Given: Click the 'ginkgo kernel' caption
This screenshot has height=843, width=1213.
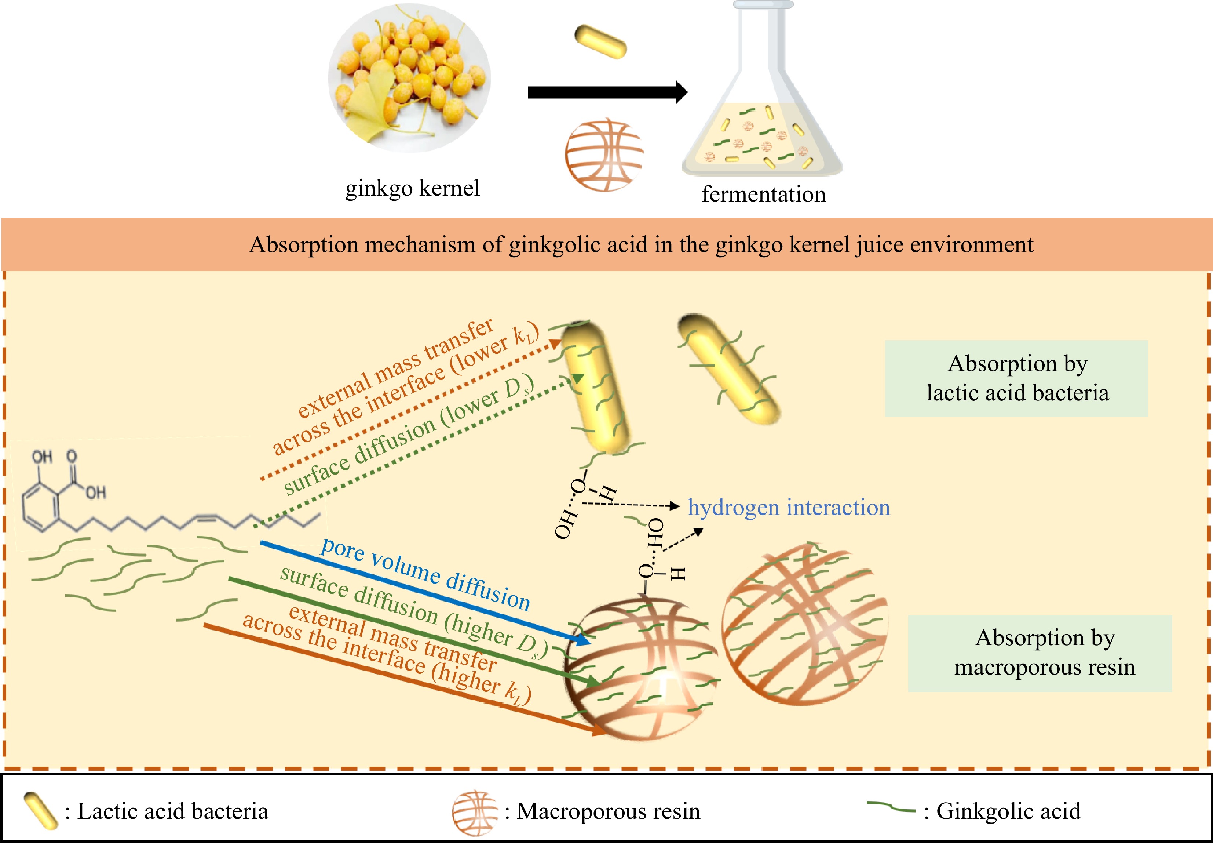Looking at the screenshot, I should [412, 188].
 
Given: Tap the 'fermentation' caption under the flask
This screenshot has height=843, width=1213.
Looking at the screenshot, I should [763, 195].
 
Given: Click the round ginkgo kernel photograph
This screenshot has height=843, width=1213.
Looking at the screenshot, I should [409, 78].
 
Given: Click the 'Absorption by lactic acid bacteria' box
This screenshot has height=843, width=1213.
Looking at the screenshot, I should [1016, 378].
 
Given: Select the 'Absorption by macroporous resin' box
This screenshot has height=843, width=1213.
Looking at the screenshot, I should [1040, 653].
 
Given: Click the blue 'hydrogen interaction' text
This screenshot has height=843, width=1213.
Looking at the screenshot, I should [789, 507].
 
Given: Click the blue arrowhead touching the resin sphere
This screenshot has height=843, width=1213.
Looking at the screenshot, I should [584, 641].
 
